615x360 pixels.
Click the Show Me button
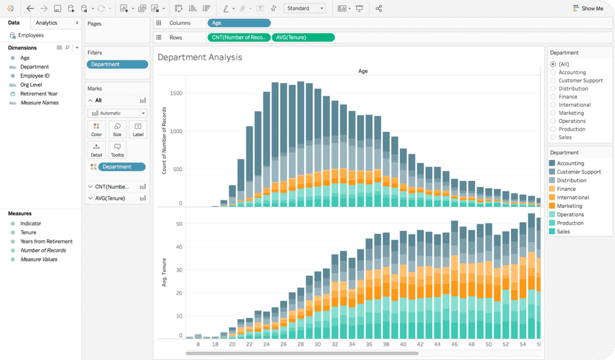tap(588, 9)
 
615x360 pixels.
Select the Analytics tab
tap(47, 23)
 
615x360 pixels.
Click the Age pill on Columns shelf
tap(239, 23)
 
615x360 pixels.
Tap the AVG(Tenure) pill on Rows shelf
tap(303, 37)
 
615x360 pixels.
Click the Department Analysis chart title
tap(200, 58)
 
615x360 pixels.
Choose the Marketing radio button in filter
tap(553, 113)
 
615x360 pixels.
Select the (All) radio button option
tap(553, 65)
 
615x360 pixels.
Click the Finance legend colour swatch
tap(552, 189)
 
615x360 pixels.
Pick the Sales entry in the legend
tap(563, 232)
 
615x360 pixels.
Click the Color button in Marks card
tap(96, 129)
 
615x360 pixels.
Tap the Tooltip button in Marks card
tap(117, 150)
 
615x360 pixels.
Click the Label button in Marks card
tap(138, 129)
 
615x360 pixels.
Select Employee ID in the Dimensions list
tap(35, 75)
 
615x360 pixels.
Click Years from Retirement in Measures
tap(46, 241)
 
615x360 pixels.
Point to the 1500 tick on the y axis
tap(176, 93)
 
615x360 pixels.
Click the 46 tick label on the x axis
tap(454, 344)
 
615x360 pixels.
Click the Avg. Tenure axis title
tap(164, 273)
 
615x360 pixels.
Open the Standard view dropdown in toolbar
tap(305, 9)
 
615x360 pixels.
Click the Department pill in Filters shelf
tap(117, 65)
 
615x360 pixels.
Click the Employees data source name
tap(31, 35)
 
